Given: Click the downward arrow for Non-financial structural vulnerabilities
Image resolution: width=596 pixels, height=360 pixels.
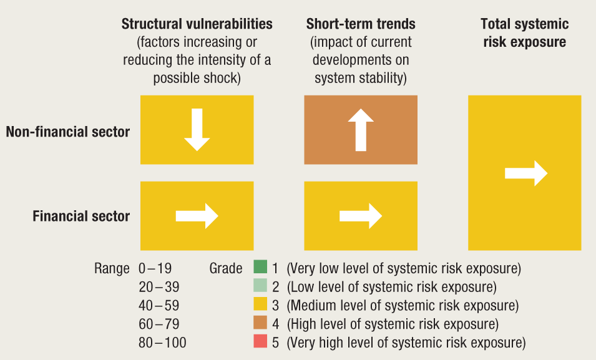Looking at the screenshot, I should tap(197, 129).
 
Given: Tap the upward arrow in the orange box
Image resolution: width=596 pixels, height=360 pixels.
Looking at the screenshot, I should tap(360, 129).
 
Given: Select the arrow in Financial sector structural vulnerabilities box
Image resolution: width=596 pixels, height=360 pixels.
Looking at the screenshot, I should tap(197, 216).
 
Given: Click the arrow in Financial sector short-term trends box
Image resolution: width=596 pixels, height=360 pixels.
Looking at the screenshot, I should tap(360, 216).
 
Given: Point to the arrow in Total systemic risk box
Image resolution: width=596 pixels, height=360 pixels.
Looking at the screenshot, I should tap(525, 173).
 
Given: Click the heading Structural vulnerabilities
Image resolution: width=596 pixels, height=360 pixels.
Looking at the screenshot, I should tap(197, 24).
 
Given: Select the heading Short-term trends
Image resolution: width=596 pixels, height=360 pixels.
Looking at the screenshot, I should tap(361, 24).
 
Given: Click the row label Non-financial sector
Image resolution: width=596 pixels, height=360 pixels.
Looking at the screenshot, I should tap(68, 132).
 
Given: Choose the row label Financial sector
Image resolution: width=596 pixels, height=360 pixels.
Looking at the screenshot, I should tap(81, 216).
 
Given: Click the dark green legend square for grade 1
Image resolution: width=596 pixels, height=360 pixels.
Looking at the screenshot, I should tap(260, 268).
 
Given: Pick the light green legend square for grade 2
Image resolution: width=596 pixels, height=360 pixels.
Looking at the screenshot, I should tap(260, 287).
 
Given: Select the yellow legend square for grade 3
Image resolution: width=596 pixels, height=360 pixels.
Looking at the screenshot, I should tap(260, 306).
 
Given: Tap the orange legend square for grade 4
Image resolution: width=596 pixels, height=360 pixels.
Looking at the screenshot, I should tap(260, 324).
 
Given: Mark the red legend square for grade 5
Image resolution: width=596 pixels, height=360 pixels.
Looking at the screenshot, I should tap(260, 343).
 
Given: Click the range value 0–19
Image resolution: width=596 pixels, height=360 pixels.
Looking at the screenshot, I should tap(155, 269).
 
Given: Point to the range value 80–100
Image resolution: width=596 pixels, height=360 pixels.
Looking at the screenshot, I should tap(162, 343).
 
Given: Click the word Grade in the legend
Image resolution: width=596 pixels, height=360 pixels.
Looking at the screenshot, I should tap(226, 269).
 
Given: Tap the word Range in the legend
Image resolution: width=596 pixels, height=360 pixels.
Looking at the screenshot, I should tap(112, 269).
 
